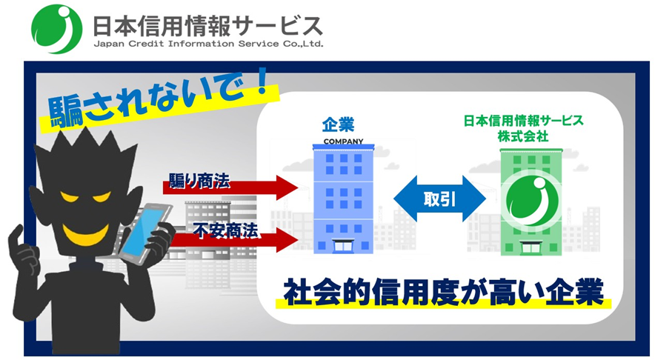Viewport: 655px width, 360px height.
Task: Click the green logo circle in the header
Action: [x=56, y=29]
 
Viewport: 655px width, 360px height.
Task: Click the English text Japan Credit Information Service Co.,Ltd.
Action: [x=208, y=44]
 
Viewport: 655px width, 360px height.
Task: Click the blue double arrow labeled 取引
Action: [x=439, y=199]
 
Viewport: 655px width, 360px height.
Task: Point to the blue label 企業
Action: [x=339, y=124]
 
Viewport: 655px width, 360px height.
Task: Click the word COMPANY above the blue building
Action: [x=343, y=141]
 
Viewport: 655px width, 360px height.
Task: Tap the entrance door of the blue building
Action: [x=343, y=246]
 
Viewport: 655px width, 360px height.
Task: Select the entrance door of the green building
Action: [x=531, y=247]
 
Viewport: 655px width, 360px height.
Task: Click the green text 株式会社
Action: [x=523, y=136]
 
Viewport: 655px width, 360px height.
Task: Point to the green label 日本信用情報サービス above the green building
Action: [x=523, y=121]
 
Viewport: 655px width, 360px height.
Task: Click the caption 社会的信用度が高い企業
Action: [x=443, y=293]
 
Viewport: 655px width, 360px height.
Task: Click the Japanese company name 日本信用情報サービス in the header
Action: [x=207, y=26]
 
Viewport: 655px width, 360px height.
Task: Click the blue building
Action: [x=343, y=199]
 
